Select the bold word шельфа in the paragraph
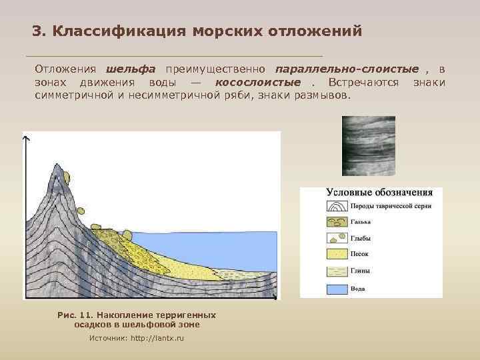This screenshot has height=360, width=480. coord(131,69)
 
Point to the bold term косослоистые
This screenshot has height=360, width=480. coord(257,82)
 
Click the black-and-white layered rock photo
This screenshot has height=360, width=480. coord(368,146)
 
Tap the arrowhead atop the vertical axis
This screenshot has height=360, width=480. coord(26,138)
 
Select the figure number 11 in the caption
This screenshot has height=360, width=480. coord(85,315)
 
